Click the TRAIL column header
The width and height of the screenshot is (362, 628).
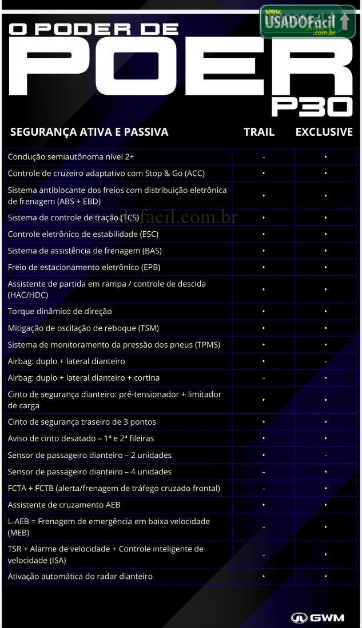pyautogui.click(x=259, y=132)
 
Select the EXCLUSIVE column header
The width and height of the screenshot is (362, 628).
pyautogui.click(x=324, y=132)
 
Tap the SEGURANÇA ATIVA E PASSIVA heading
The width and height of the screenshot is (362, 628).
pyautogui.click(x=89, y=132)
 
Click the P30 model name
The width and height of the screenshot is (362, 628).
pyautogui.click(x=312, y=106)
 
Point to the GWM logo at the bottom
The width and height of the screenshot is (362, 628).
pyautogui.click(x=317, y=617)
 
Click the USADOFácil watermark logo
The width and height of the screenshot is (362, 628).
pyautogui.click(x=308, y=22)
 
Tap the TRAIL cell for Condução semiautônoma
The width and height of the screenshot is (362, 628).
pyautogui.click(x=263, y=156)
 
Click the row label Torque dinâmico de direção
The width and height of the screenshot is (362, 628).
pyautogui.click(x=60, y=311)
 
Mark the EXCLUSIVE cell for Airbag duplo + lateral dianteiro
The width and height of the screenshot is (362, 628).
pyautogui.click(x=325, y=361)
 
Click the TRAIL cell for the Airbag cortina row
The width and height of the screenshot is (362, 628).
pyautogui.click(x=263, y=378)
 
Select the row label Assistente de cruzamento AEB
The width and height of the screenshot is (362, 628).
pyautogui.click(x=64, y=505)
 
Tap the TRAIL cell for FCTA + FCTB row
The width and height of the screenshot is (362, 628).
pyautogui.click(x=263, y=488)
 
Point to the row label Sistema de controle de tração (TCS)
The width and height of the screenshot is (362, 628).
pyautogui.click(x=74, y=218)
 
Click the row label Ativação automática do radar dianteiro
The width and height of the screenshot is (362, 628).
pyautogui.click(x=80, y=576)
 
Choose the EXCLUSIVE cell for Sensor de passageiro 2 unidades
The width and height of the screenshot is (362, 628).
pyautogui.click(x=325, y=455)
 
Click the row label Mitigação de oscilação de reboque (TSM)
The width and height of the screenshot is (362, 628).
pyautogui.click(x=83, y=328)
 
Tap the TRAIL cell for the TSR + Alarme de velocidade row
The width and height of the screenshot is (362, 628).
pyautogui.click(x=263, y=554)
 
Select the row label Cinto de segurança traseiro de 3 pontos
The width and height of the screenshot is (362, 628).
pyautogui.click(x=82, y=422)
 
